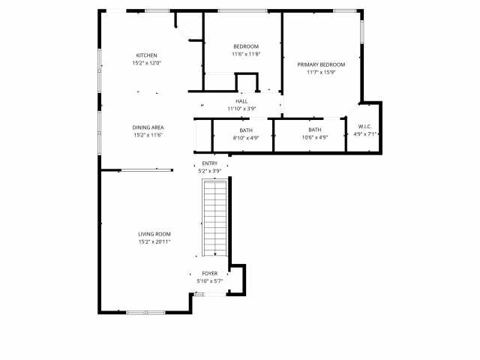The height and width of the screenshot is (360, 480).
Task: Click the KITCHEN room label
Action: pos(146,55)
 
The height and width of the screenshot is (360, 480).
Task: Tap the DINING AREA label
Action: pos(148,127)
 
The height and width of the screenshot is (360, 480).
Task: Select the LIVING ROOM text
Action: pos(154,234)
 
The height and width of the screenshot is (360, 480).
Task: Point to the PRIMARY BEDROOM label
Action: pos(320,65)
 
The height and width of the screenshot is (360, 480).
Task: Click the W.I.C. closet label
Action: pos(364,127)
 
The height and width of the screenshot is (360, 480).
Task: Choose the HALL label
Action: pos(241,101)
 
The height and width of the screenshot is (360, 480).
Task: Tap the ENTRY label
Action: pos(209,163)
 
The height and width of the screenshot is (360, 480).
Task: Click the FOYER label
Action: pos(209,274)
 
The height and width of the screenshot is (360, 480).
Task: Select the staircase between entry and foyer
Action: pos(214,217)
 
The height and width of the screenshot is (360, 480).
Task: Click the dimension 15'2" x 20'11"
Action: pos(154,241)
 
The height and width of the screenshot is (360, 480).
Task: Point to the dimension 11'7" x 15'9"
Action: pos(320,73)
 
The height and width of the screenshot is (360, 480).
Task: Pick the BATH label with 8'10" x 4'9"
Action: pos(246,130)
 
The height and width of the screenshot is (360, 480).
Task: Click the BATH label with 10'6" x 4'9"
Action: pos(314,130)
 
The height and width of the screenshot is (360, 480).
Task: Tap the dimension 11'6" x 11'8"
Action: pos(245,54)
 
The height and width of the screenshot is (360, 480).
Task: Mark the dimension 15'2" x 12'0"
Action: pos(146,63)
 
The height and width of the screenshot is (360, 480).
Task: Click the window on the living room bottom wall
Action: pos(145,312)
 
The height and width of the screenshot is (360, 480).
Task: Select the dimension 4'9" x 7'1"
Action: pos(364,134)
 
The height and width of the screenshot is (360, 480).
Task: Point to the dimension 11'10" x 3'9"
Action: pos(241,109)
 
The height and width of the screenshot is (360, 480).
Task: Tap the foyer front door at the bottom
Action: pos(209,294)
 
